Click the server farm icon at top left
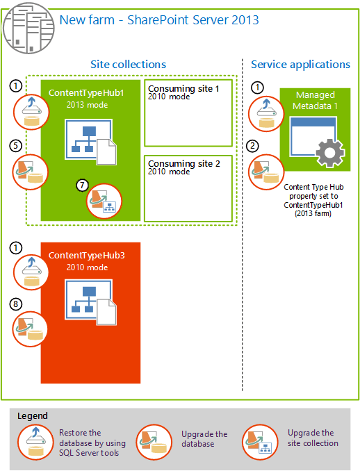(28, 28)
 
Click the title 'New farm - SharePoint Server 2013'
(159, 19)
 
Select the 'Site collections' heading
(128, 64)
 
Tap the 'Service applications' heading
(300, 64)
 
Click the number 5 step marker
(15, 146)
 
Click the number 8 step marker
(15, 303)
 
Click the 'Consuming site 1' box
(188, 113)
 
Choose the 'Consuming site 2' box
(188, 185)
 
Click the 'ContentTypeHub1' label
(86, 92)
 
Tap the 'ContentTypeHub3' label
(86, 256)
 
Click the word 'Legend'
(33, 415)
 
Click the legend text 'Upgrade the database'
(204, 439)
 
